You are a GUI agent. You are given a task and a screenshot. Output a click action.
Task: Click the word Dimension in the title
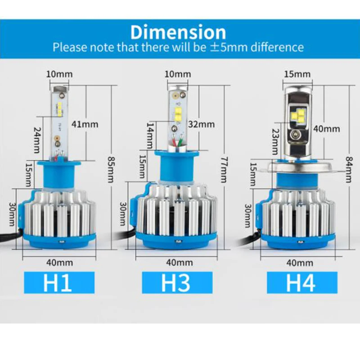(178, 32)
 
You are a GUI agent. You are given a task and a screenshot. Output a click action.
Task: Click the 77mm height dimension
(224, 166)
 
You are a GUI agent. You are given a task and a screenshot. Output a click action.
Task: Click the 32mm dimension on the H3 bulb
(202, 124)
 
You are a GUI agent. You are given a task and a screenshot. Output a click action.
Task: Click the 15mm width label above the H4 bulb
(297, 74)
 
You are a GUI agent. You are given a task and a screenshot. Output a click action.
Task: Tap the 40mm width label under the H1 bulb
(59, 262)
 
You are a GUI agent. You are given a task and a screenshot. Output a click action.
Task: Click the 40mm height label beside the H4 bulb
(326, 129)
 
